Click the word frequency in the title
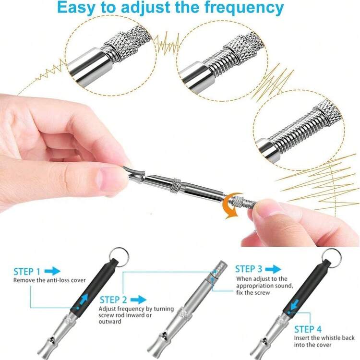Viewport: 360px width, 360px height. pos(244,8)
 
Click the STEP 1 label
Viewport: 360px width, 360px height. pos(27,272)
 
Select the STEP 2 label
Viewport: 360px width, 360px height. pos(113,300)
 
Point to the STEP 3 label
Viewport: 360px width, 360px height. pos(249,269)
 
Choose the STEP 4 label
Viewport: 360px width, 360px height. pos(308,329)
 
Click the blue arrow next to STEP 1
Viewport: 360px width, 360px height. pos(52,271)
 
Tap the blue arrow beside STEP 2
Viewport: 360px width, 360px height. pos(138,300)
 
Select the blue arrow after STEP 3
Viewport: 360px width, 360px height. pos(273,269)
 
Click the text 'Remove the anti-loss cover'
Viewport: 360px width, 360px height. pos(49,280)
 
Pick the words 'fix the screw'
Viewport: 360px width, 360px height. pos(253,293)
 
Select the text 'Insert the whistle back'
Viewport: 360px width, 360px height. pos(324,338)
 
